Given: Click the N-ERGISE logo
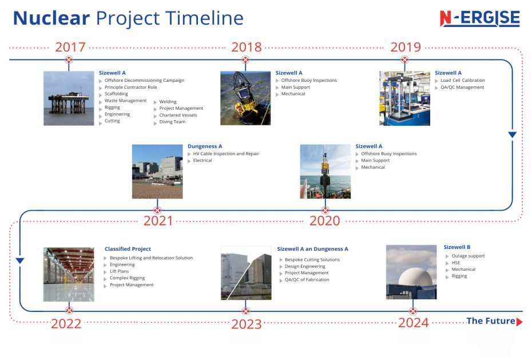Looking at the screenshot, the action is pyautogui.click(x=480, y=18).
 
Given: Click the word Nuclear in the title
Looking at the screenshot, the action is pyautogui.click(x=51, y=18).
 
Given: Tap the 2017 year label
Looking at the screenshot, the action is pyautogui.click(x=70, y=47).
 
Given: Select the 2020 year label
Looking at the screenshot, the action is pyautogui.click(x=324, y=221).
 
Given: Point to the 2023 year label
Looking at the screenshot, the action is pyautogui.click(x=247, y=324).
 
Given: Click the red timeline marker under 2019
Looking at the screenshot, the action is pyautogui.click(x=404, y=60).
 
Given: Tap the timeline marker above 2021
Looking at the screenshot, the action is pyautogui.click(x=157, y=210).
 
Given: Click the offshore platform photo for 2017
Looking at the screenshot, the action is pyautogui.click(x=69, y=98).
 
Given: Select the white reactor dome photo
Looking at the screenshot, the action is pyautogui.click(x=411, y=272).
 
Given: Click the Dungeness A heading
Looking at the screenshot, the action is pyautogui.click(x=205, y=147).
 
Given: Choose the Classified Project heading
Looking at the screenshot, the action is pyautogui.click(x=128, y=249).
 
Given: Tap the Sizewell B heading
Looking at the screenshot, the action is pyautogui.click(x=456, y=247).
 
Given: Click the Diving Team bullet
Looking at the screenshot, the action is pyautogui.click(x=172, y=122).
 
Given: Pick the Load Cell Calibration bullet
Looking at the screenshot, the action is pyautogui.click(x=462, y=81).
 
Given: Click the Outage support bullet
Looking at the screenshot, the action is pyautogui.click(x=468, y=256).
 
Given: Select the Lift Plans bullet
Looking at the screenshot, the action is pyautogui.click(x=119, y=271).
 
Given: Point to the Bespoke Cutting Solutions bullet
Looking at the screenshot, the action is pyautogui.click(x=312, y=260).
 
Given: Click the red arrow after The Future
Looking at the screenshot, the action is pyautogui.click(x=519, y=322).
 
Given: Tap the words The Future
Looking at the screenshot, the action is pyautogui.click(x=491, y=321).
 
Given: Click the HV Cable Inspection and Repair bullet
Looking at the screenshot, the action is pyautogui.click(x=225, y=154).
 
